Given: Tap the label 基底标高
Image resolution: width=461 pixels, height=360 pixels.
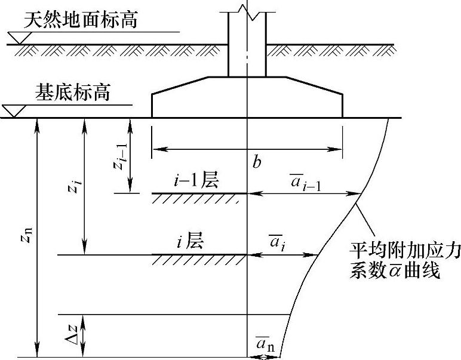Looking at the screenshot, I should [x=73, y=93].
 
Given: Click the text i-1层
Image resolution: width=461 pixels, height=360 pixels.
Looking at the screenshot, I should [x=196, y=181].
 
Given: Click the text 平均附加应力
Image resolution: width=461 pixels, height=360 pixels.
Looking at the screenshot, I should [x=405, y=253].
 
